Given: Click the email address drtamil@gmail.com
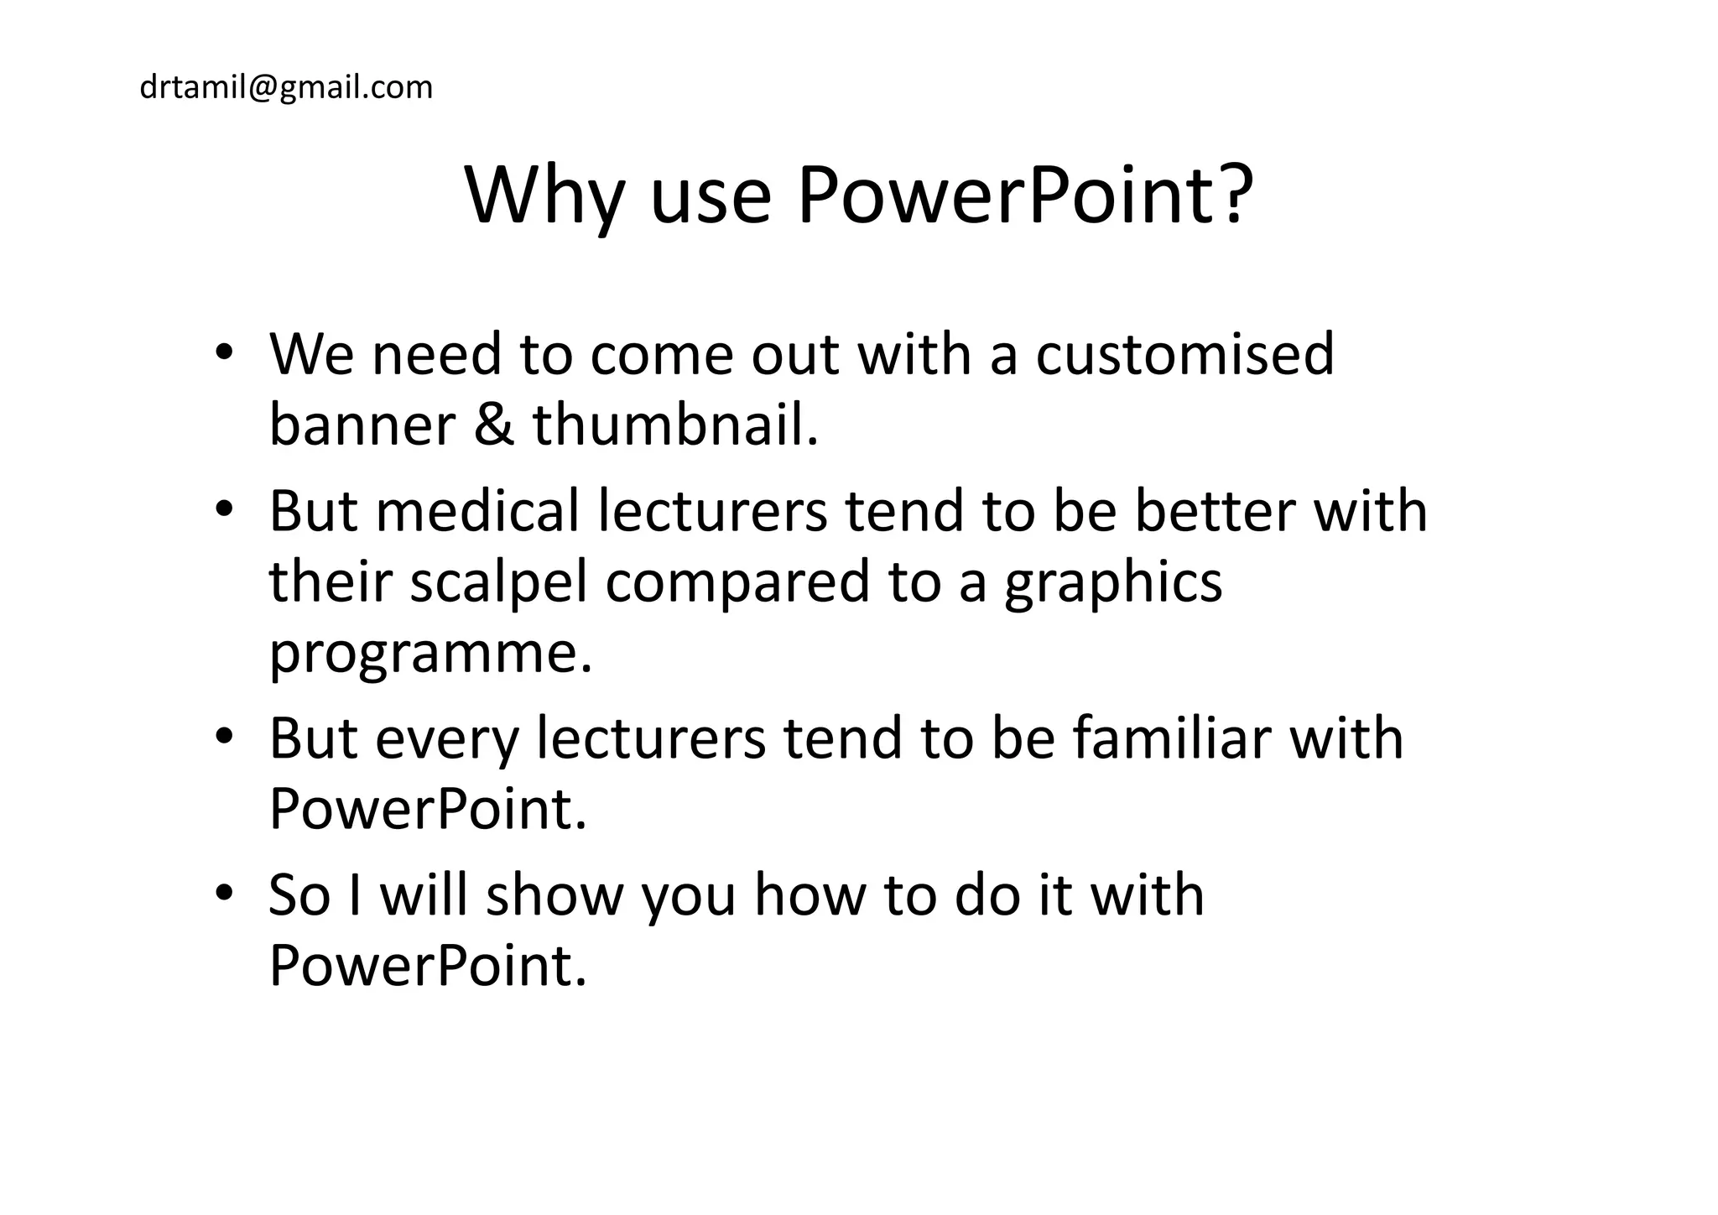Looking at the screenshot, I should click(x=286, y=87).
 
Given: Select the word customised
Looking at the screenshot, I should click(x=1184, y=354).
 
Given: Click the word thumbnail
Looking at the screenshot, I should click(x=674, y=425).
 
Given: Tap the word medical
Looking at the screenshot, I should click(x=477, y=511).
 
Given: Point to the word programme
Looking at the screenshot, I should click(x=429, y=654).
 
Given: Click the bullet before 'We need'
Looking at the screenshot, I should click(x=222, y=352).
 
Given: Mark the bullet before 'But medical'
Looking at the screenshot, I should click(x=222, y=510).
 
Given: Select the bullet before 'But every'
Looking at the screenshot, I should click(x=222, y=738).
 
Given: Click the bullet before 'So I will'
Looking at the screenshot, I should click(x=222, y=894).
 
